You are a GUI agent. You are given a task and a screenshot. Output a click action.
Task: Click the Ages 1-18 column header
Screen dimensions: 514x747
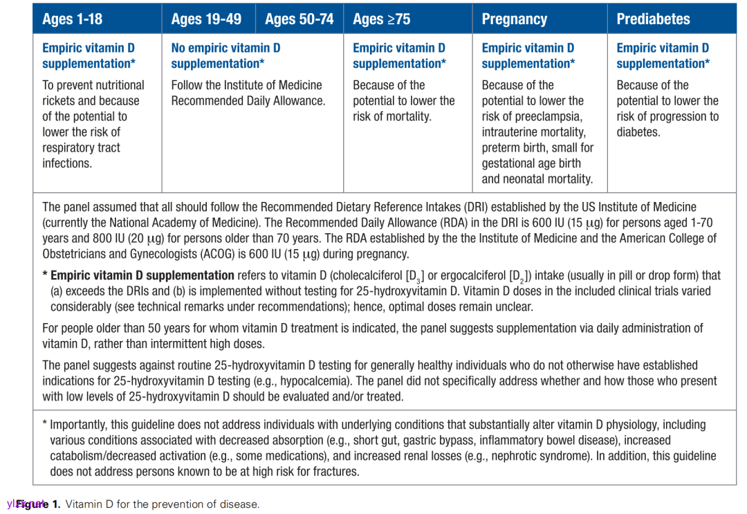pyautogui.click(x=72, y=19)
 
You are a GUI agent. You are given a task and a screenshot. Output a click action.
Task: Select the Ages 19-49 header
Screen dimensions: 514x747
pyautogui.click(x=206, y=19)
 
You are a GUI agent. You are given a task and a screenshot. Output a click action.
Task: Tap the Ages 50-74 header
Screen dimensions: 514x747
pyautogui.click(x=299, y=19)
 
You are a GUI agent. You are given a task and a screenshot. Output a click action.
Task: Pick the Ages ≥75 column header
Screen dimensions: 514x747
pyautogui.click(x=381, y=19)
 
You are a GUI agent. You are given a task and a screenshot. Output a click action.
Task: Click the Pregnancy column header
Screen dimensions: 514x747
pyautogui.click(x=514, y=19)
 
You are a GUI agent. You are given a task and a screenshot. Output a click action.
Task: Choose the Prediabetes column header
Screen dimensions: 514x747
pyautogui.click(x=653, y=19)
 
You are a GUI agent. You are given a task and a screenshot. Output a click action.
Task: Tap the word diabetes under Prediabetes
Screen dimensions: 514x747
pyautogui.click(x=638, y=132)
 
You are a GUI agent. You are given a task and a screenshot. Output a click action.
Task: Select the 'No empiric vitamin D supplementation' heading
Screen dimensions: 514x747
pyautogui.click(x=225, y=55)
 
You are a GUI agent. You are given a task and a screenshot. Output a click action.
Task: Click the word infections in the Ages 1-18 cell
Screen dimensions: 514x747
pyautogui.click(x=67, y=163)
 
